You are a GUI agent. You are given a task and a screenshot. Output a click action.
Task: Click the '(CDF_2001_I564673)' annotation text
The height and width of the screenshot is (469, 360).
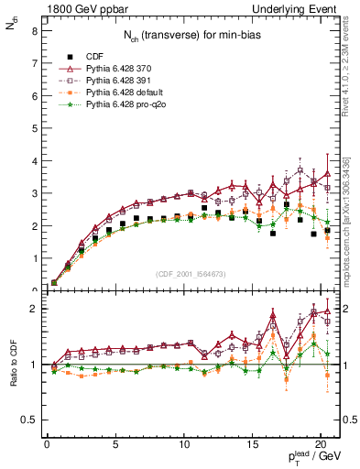191,273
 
